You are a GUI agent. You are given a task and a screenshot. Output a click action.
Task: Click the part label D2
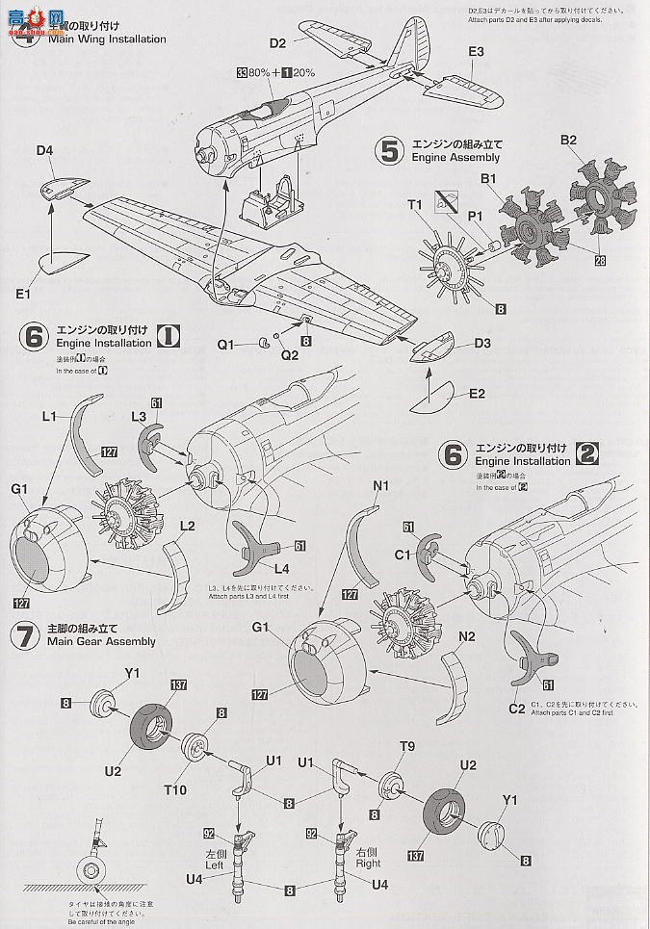277,43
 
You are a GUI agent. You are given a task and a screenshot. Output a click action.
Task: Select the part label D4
44,150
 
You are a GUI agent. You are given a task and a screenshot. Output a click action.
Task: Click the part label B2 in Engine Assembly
568,140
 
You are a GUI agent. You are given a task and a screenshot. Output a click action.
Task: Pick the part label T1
415,204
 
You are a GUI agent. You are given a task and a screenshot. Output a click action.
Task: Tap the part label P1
475,218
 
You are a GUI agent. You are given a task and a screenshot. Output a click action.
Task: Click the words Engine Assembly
455,156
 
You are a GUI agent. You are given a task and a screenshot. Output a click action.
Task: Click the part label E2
478,393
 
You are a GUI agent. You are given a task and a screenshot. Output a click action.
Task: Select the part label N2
468,635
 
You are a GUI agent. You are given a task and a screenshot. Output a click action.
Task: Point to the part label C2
517,708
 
